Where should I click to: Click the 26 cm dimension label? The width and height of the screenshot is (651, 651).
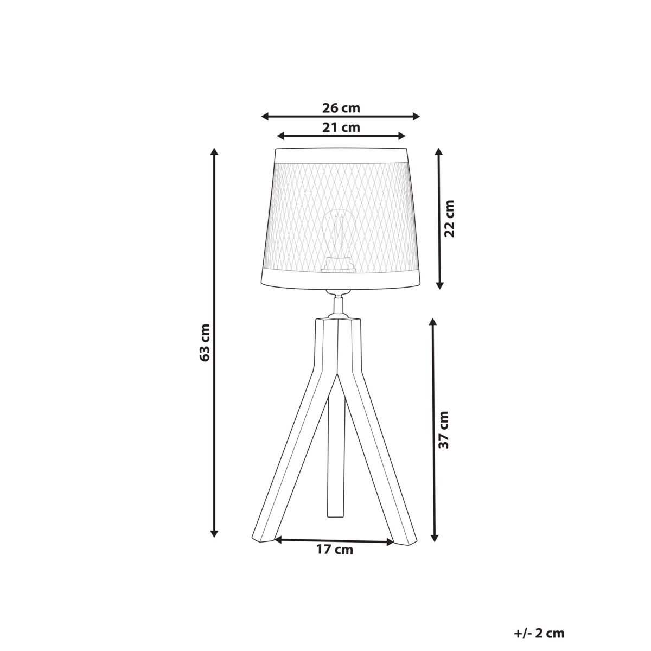pyautogui.click(x=341, y=108)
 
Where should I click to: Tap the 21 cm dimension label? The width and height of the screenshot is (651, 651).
pyautogui.click(x=341, y=127)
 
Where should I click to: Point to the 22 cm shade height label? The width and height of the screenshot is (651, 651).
pyautogui.click(x=449, y=218)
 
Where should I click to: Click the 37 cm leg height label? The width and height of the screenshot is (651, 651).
pyautogui.click(x=444, y=429)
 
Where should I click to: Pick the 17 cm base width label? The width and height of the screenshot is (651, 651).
pyautogui.click(x=334, y=550)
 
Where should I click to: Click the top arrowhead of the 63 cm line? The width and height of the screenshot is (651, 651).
pyautogui.click(x=215, y=151)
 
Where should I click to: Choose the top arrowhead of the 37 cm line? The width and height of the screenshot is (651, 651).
pyautogui.click(x=433, y=322)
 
